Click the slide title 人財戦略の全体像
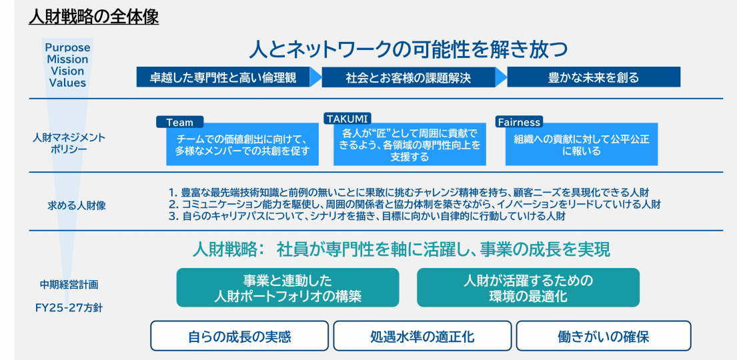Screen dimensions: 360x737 tap(93, 17)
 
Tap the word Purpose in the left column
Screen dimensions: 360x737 tap(67, 48)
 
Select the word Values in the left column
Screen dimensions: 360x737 tap(67, 83)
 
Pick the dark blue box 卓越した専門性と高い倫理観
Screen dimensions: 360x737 tap(225, 77)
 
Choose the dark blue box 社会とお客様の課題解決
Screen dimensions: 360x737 tap(408, 77)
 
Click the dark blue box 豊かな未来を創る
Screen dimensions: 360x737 tap(593, 77)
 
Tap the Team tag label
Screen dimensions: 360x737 tap(179, 122)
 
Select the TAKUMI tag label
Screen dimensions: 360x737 tap(347, 118)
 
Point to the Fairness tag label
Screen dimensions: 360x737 tap(519, 122)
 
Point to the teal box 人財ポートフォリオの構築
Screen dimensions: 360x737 tap(287, 288)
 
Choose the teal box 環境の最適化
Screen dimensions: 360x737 tap(528, 288)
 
